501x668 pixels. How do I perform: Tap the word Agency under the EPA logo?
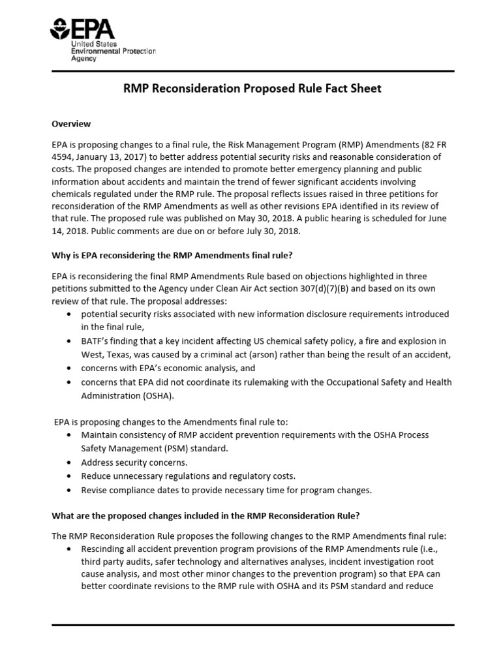coord(83,59)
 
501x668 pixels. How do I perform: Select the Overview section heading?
coord(71,123)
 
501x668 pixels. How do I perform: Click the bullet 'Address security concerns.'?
coord(134,462)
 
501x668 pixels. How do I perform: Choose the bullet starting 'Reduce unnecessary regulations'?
coord(188,476)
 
